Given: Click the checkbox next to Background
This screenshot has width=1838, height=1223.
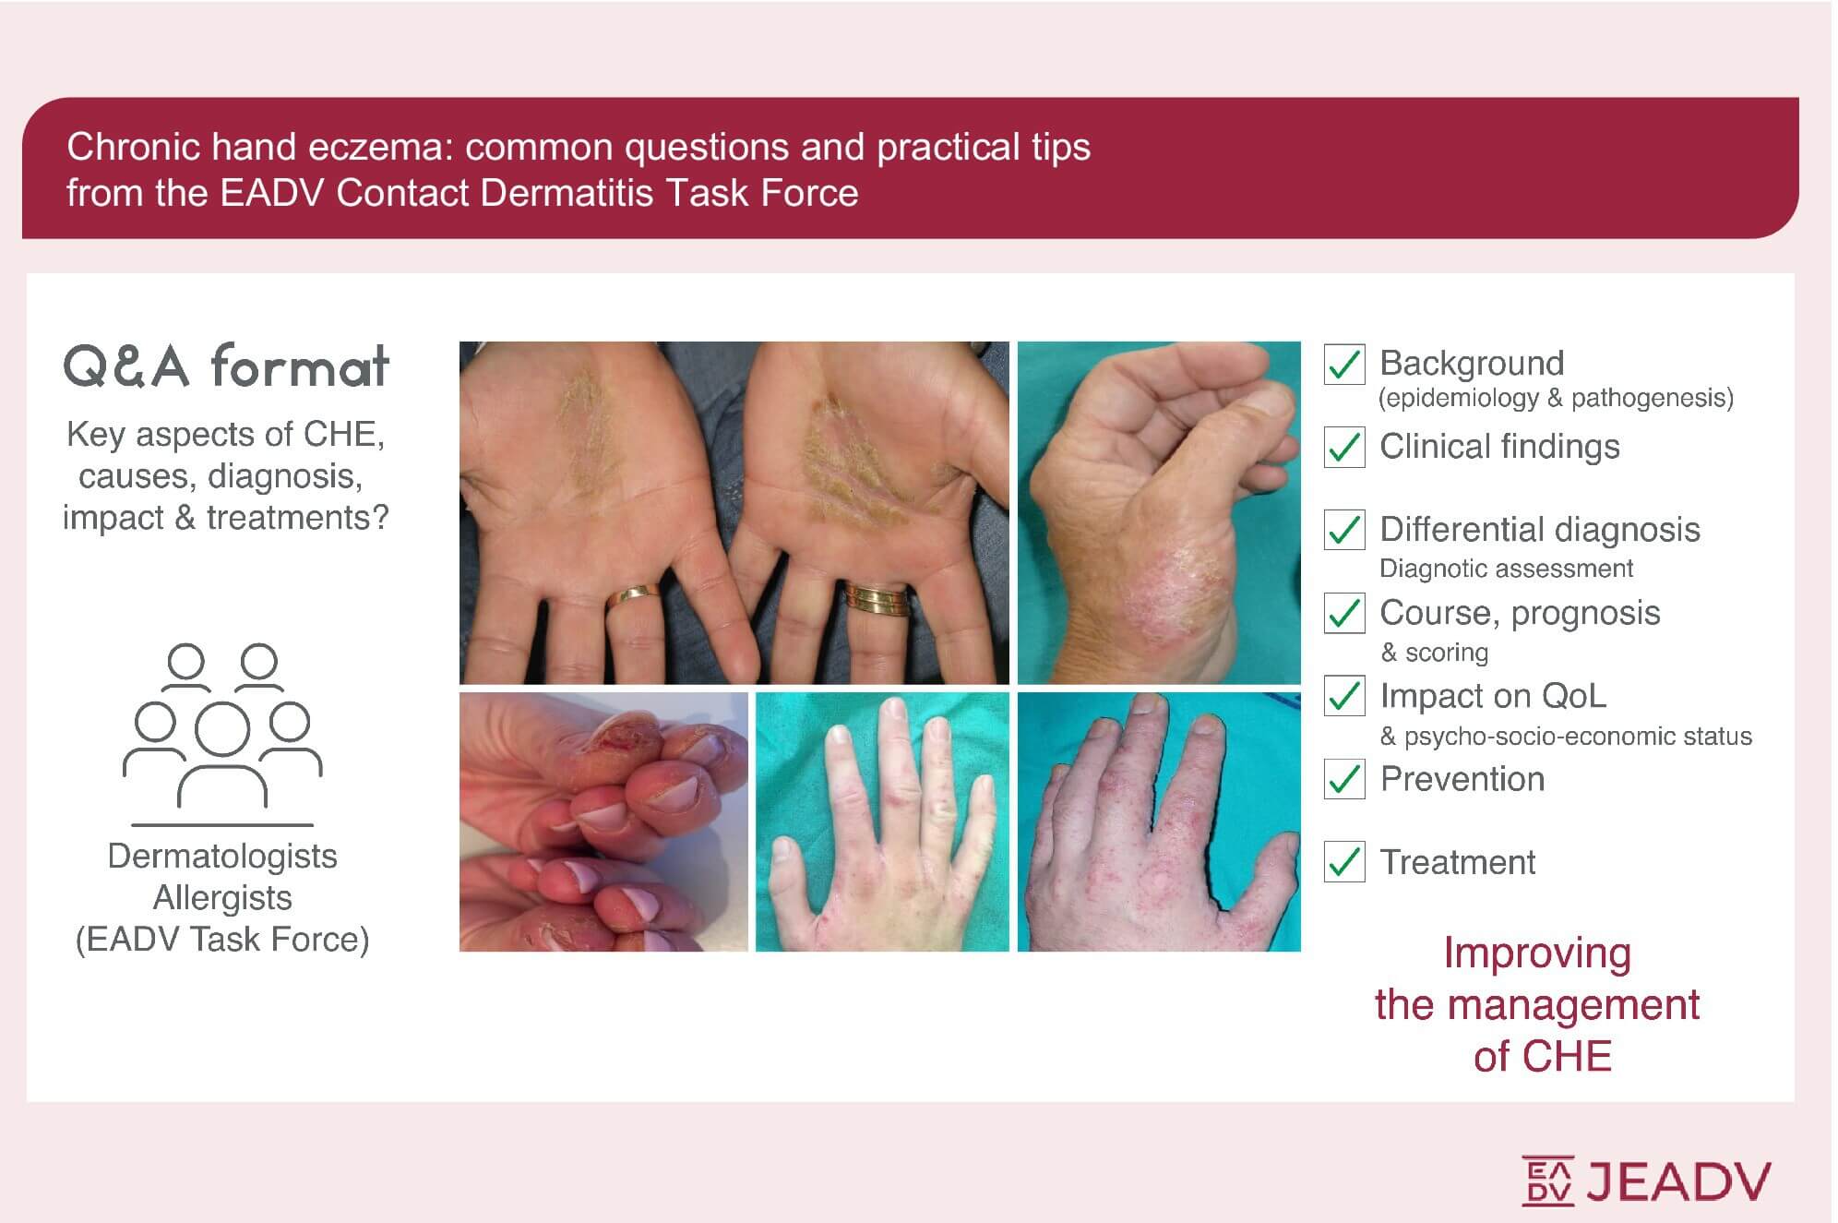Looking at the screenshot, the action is point(1344,365).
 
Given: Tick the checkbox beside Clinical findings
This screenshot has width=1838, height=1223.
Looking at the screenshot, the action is point(1344,448).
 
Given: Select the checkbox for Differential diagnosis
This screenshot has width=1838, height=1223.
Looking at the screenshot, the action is point(1344,530).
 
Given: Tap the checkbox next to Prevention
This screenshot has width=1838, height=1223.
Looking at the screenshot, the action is point(1344,779).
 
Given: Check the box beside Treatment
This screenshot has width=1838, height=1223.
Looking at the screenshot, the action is point(1344,862).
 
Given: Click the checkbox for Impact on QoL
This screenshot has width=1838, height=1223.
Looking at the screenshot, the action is point(1344,696).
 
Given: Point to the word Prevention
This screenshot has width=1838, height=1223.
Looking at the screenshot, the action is point(1462,779).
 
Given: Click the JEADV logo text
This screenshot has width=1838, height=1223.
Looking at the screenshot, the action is point(1678,1181).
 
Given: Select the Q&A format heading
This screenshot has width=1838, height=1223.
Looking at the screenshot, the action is point(226,366).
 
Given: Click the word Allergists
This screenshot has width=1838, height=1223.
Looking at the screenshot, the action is point(222,897).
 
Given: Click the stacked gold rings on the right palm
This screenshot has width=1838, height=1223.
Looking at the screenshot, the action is point(878,597).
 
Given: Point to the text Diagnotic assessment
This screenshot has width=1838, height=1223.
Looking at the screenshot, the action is point(1506,569).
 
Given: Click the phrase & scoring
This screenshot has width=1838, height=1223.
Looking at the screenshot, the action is point(1435,653).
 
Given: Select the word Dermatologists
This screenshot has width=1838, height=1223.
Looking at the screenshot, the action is point(222,857).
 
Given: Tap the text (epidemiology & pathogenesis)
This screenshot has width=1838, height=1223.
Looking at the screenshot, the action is point(1556,398).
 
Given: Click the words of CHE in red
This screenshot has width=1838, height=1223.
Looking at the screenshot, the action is point(1542,1056).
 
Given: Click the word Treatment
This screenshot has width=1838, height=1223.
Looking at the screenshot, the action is point(1457,862).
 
